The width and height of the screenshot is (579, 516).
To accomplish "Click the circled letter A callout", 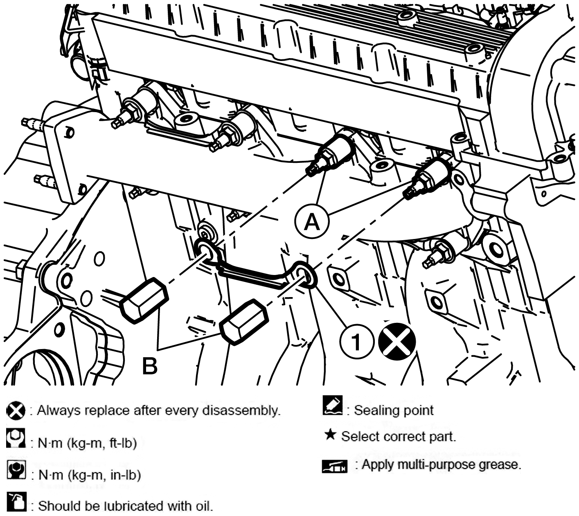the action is [x=312, y=221].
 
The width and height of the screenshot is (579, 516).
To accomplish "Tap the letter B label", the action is [x=150, y=366].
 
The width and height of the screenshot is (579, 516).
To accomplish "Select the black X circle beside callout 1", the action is [x=397, y=341].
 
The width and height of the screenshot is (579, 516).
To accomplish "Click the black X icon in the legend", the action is [x=16, y=410].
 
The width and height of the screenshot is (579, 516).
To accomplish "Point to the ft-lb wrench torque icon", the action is [x=16, y=438].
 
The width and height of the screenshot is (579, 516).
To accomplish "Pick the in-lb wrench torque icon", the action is [x=16, y=469].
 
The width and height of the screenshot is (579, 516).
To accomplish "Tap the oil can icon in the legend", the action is [x=17, y=501].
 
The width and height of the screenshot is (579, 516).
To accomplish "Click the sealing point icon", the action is [x=332, y=405].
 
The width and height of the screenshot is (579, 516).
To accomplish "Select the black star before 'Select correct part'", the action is [x=330, y=435].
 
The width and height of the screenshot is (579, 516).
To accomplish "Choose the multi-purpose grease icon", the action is [x=334, y=466].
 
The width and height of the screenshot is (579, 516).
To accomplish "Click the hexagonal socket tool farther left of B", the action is [x=144, y=300].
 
